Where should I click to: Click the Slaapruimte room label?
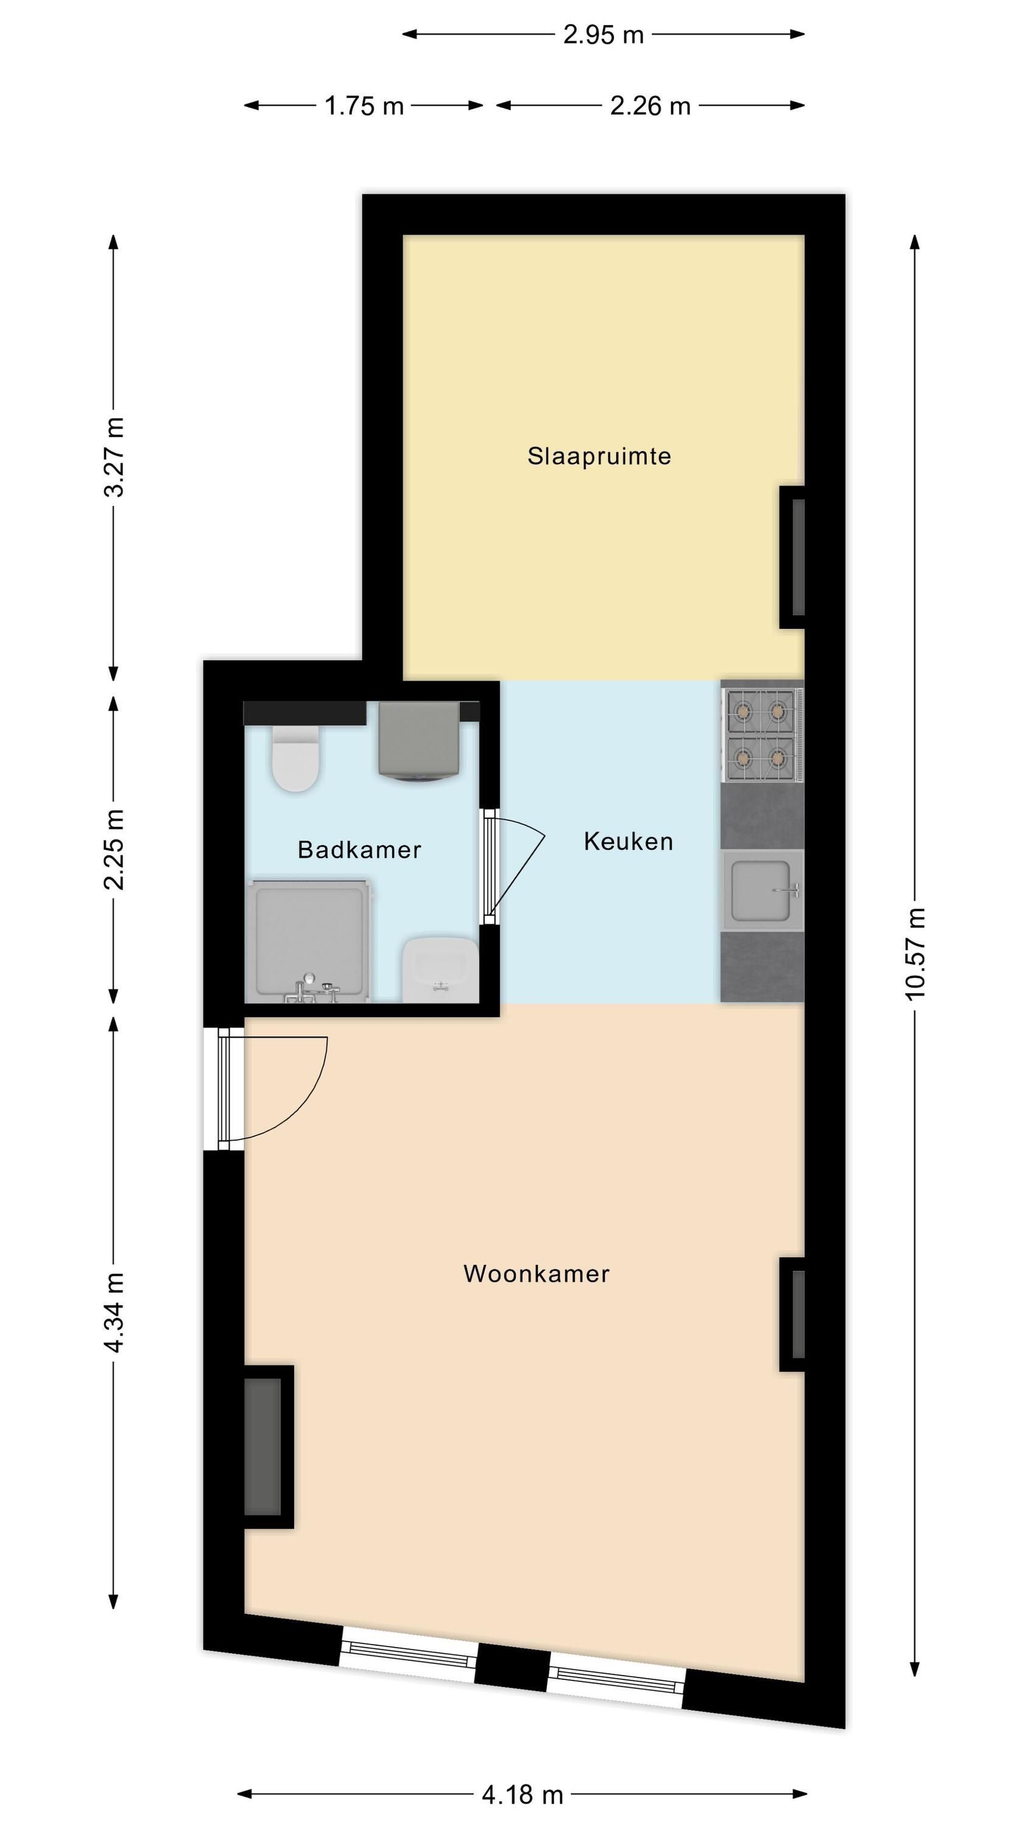pyautogui.click(x=599, y=456)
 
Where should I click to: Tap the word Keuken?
pyautogui.click(x=628, y=841)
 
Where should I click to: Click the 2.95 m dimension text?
pyautogui.click(x=603, y=35)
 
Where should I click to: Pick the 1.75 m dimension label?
pyautogui.click(x=364, y=107)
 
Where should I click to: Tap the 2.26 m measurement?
pyautogui.click(x=650, y=107)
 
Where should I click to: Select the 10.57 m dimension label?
pyautogui.click(x=915, y=954)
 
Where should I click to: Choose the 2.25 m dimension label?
pyautogui.click(x=113, y=849)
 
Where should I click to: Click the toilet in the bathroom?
pyautogui.click(x=295, y=758)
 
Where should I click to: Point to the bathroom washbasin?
pyautogui.click(x=440, y=970)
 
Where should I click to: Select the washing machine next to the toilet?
pyautogui.click(x=418, y=742)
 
